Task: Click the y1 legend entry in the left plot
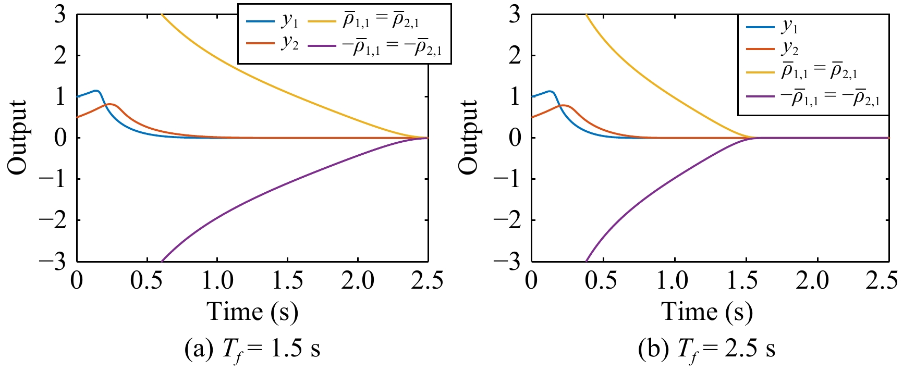272,21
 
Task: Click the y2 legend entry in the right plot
773,48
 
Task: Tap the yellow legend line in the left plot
322,21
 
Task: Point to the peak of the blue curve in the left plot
96,91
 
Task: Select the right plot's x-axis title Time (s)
707,312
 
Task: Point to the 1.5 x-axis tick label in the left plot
288,281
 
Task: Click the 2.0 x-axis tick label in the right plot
812,281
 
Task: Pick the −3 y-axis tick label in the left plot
52,261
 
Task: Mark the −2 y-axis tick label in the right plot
507,220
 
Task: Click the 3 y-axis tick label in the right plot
515,14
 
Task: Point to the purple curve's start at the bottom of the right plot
587,261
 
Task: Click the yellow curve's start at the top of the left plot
162,15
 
